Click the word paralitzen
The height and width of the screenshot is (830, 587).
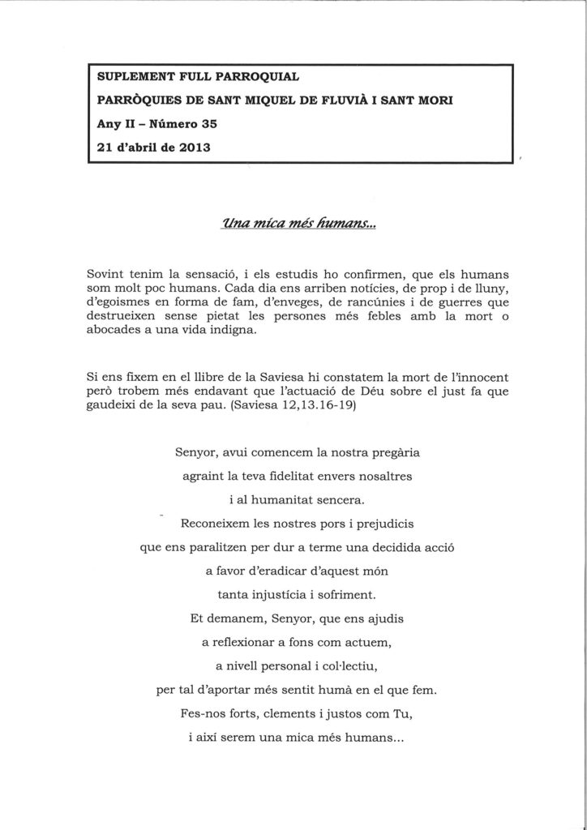click(221, 547)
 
